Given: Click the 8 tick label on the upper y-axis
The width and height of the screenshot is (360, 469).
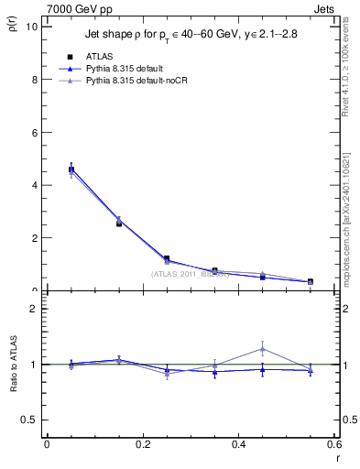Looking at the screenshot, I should point(34,79).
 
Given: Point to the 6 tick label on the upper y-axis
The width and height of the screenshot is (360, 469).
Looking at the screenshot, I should point(34,132).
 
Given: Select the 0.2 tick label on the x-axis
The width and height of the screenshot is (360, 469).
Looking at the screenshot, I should point(142,443).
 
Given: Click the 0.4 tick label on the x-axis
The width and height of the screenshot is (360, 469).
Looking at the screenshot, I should point(238,443).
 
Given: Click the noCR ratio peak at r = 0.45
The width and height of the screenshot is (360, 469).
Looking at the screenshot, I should point(262,349).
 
